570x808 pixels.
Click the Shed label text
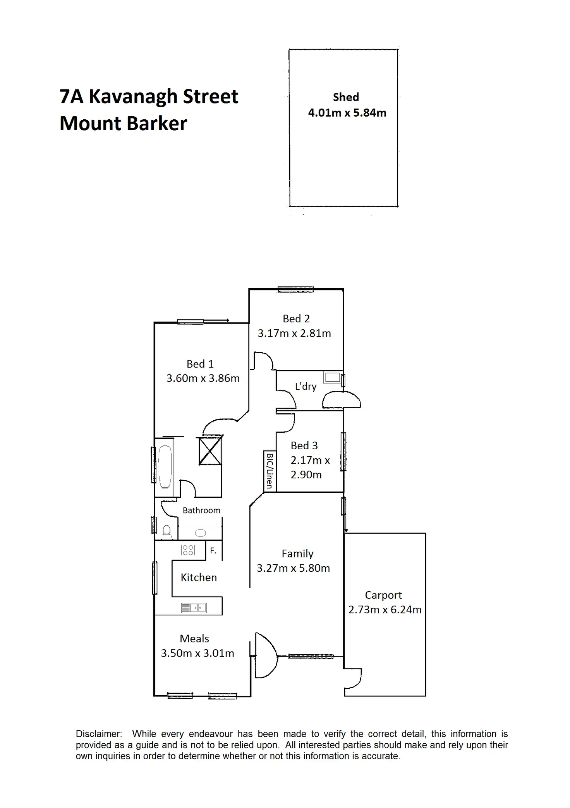pyautogui.click(x=346, y=97)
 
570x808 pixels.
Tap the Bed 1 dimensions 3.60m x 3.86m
pyautogui.click(x=203, y=378)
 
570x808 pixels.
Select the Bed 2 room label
pyautogui.click(x=296, y=318)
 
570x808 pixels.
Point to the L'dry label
pyautogui.click(x=306, y=386)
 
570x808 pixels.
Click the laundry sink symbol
pyautogui.click(x=332, y=377)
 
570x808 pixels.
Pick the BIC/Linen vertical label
pyautogui.click(x=270, y=471)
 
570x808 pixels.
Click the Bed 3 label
pyautogui.click(x=304, y=445)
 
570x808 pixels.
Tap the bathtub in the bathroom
pyautogui.click(x=165, y=467)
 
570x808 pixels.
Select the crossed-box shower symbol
pyautogui.click(x=210, y=450)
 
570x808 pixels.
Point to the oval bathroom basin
pyautogui.click(x=201, y=533)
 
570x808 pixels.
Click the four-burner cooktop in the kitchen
pyautogui.click(x=188, y=550)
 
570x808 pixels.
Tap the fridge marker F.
pyautogui.click(x=213, y=550)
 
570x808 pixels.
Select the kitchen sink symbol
pyautogui.click(x=194, y=608)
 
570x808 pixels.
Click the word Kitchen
pyautogui.click(x=199, y=577)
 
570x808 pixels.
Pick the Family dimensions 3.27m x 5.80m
pyautogui.click(x=293, y=568)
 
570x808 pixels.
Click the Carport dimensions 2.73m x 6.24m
pyautogui.click(x=385, y=609)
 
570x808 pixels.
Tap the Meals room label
pyautogui.click(x=194, y=638)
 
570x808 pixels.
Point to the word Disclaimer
pyautogui.click(x=99, y=734)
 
